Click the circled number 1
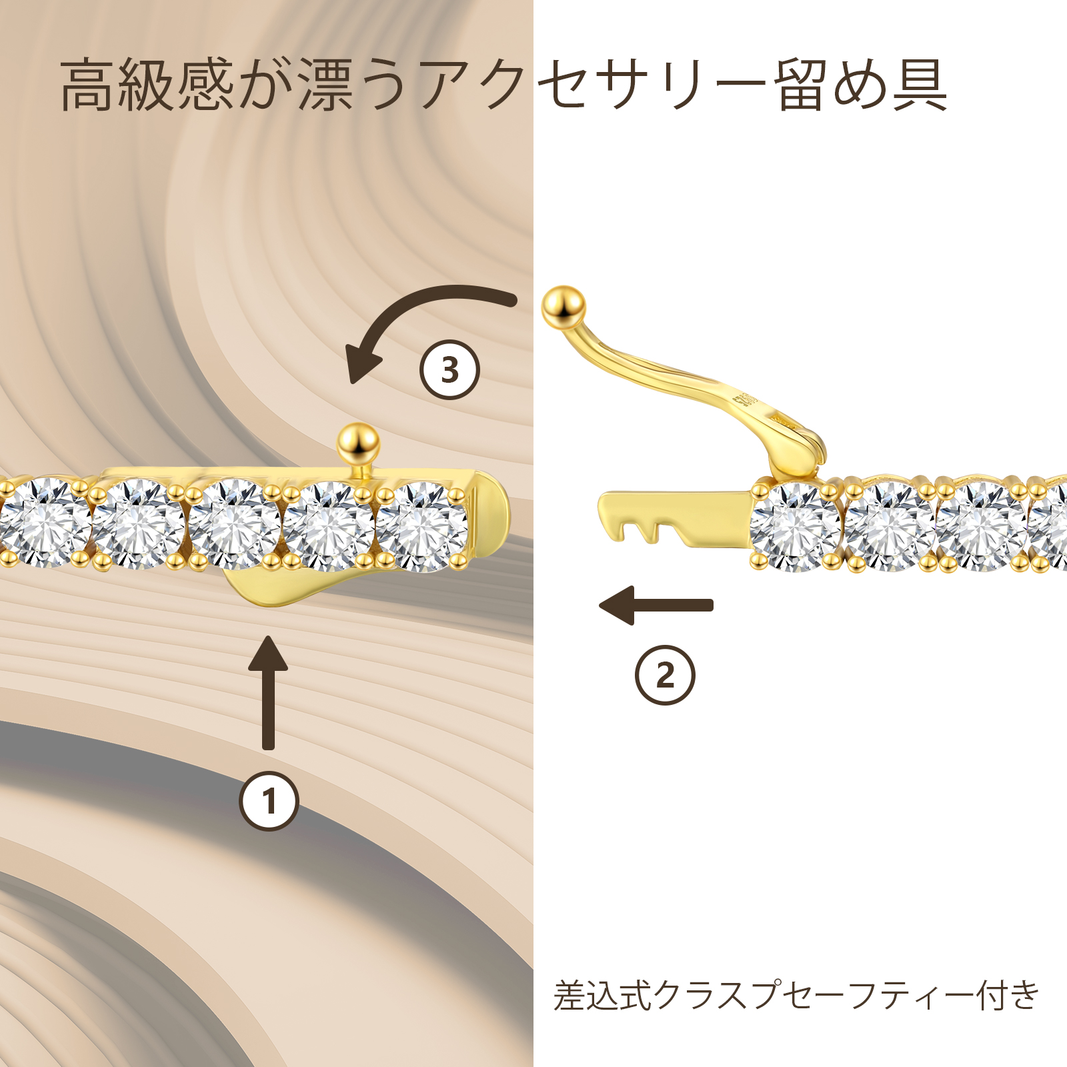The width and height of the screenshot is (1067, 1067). [269, 801]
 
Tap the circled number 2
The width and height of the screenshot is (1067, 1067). [665, 675]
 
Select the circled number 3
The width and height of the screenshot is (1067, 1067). [450, 369]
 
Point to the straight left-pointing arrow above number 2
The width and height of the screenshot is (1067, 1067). [657, 605]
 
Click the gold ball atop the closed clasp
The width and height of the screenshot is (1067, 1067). [358, 443]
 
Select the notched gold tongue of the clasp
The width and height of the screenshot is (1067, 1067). [667, 517]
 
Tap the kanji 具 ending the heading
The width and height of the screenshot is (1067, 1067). [920, 85]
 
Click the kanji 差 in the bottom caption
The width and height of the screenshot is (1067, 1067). [570, 996]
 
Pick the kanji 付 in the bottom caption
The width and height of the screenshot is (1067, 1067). [992, 996]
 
